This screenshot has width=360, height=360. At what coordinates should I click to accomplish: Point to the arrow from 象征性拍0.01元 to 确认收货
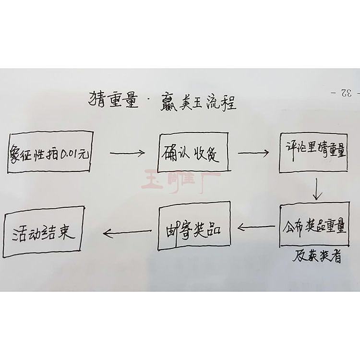pos(126,154)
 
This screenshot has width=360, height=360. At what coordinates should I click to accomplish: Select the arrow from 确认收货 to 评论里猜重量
pos(253,154)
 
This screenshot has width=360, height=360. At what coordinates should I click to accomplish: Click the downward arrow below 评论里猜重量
pos(316,189)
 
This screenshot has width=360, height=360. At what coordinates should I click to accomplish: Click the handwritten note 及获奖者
pos(317,257)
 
